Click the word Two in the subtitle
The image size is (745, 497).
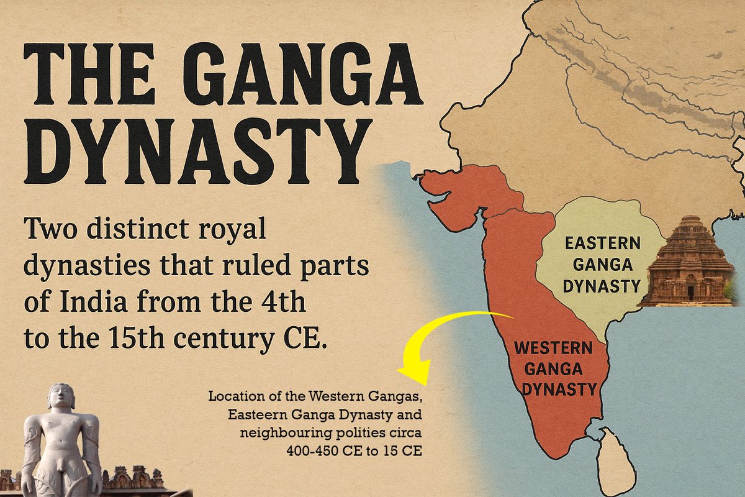tap(47, 230)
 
